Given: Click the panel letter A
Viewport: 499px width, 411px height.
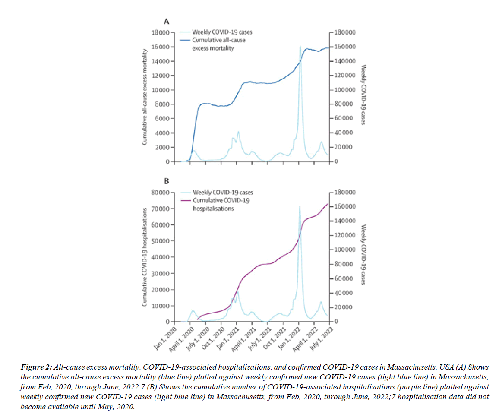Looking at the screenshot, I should coord(165,22).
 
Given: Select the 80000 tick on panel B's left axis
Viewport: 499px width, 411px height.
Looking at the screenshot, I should coord(162,193).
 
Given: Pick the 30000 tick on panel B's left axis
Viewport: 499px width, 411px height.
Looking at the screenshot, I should coord(162,273).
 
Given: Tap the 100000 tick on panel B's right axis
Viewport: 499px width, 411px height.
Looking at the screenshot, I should coord(344,250).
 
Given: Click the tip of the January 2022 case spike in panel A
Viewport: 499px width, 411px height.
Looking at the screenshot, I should coord(300,47).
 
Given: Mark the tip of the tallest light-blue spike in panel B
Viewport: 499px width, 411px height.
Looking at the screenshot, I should coord(300,207).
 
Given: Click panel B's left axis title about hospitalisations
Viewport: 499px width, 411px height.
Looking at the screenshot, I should coord(145,257).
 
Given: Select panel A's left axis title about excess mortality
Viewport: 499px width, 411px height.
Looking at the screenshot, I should coord(145,97).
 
